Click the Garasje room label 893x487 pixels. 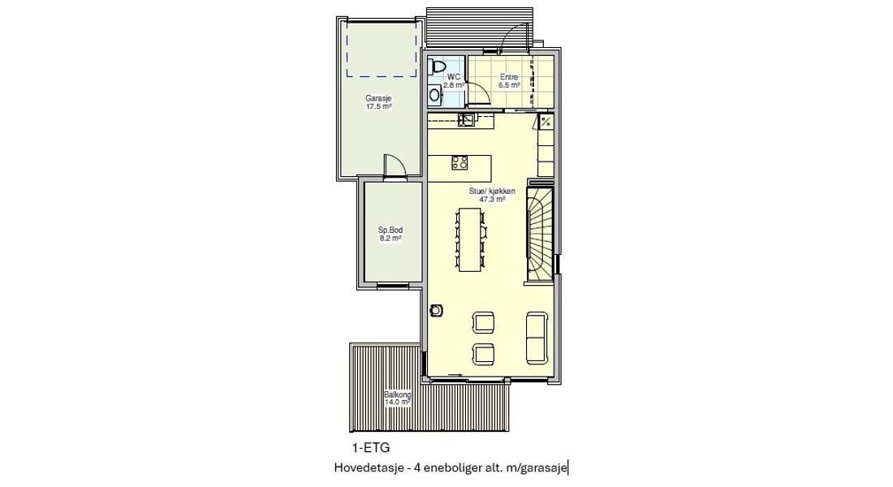[378, 98]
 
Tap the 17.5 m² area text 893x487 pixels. [378, 106]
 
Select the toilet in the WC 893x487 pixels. [438, 67]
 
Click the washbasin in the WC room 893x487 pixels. [435, 94]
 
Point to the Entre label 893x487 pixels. [508, 77]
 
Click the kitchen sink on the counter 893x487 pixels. [467, 119]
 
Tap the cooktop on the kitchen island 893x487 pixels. [459, 162]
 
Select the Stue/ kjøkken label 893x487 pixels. [492, 192]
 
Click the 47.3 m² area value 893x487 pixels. [492, 200]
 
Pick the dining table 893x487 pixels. [470, 239]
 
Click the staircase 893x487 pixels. [540, 234]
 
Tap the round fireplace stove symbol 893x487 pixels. [436, 310]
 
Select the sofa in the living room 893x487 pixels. [537, 337]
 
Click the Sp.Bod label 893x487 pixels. [390, 231]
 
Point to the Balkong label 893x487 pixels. [398, 394]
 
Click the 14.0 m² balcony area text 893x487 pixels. [398, 402]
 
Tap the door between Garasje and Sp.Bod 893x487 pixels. [394, 168]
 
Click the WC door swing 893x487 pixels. [479, 93]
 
